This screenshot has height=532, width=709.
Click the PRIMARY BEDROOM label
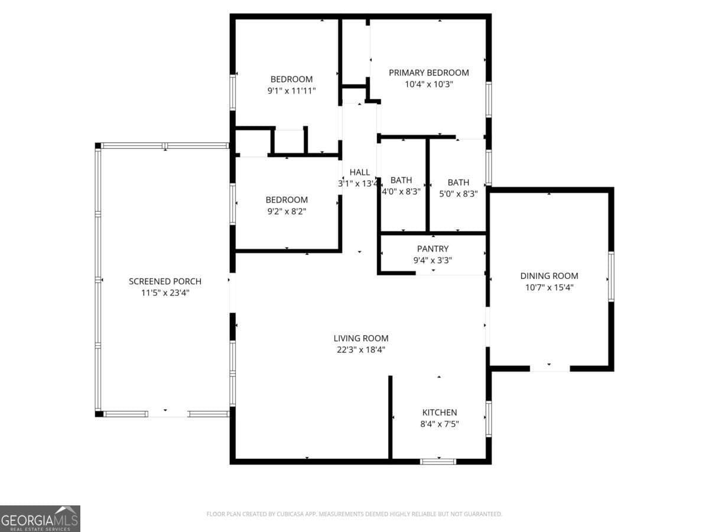(x=428, y=73)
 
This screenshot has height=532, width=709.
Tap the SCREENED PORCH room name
(x=165, y=281)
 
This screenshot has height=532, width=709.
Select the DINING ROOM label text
(x=549, y=276)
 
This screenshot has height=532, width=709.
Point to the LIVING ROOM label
(x=360, y=339)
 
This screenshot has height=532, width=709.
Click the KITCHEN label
(x=439, y=413)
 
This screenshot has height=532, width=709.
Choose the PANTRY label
(x=432, y=249)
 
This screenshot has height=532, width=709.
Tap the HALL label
(x=359, y=172)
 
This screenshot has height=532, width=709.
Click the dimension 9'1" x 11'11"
(x=291, y=91)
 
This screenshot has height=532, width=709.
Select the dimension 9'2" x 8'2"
(x=286, y=211)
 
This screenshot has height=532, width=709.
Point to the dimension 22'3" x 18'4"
(x=360, y=350)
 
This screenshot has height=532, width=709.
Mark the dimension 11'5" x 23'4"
(x=165, y=293)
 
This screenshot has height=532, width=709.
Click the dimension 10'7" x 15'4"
(x=549, y=287)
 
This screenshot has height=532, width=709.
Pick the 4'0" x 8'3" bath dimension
(x=401, y=192)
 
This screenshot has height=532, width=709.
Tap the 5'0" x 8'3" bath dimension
(x=458, y=192)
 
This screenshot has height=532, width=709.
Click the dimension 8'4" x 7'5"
(x=439, y=424)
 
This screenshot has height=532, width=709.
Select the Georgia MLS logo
(x=40, y=518)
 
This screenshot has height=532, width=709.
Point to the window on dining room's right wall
(x=611, y=277)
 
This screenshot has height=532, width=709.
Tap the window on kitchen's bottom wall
(x=438, y=461)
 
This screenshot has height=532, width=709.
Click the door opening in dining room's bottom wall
(x=549, y=368)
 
